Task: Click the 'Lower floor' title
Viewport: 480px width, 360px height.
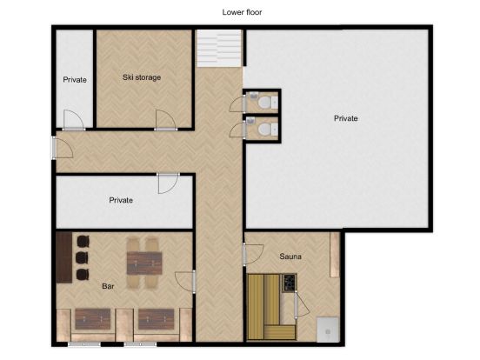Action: (242, 12)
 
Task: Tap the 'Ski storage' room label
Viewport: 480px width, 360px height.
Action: (142, 77)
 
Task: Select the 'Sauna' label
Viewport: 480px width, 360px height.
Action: (290, 257)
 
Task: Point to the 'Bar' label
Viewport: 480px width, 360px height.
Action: (108, 286)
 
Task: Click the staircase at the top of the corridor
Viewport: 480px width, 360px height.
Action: (219, 48)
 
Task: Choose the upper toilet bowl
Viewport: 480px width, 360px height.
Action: (264, 102)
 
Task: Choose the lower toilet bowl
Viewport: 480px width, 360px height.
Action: (264, 130)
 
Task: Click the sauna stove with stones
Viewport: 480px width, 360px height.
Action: (289, 283)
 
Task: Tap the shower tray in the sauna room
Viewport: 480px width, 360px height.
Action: (328, 330)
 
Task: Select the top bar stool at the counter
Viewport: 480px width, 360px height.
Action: (83, 241)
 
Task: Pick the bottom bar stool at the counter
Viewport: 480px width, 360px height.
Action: (83, 274)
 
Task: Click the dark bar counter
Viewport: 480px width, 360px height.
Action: (64, 257)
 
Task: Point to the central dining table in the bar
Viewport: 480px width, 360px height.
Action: (144, 263)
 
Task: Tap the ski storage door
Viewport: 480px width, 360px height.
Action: (165, 120)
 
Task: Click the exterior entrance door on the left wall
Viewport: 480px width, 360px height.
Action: (62, 148)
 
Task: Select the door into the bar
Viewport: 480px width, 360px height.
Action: (185, 282)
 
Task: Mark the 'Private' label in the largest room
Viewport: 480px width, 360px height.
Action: (345, 118)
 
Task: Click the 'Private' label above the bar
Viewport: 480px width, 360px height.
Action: (121, 200)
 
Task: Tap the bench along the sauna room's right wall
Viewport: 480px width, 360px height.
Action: (335, 255)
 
